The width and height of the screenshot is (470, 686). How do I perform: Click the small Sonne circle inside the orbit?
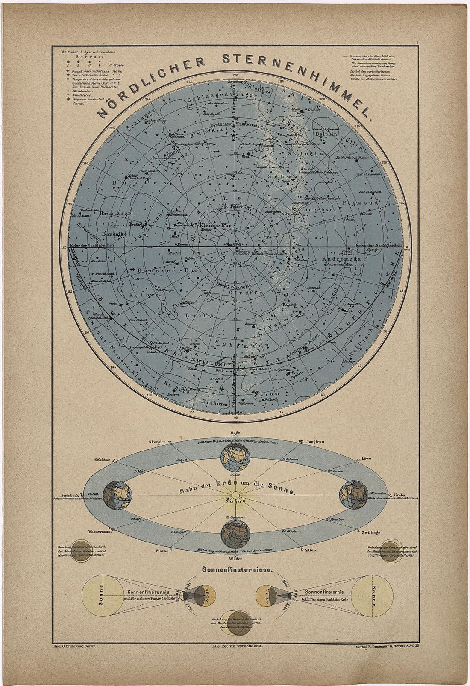click(235, 495)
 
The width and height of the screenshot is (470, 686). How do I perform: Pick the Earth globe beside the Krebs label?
click(352, 495)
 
